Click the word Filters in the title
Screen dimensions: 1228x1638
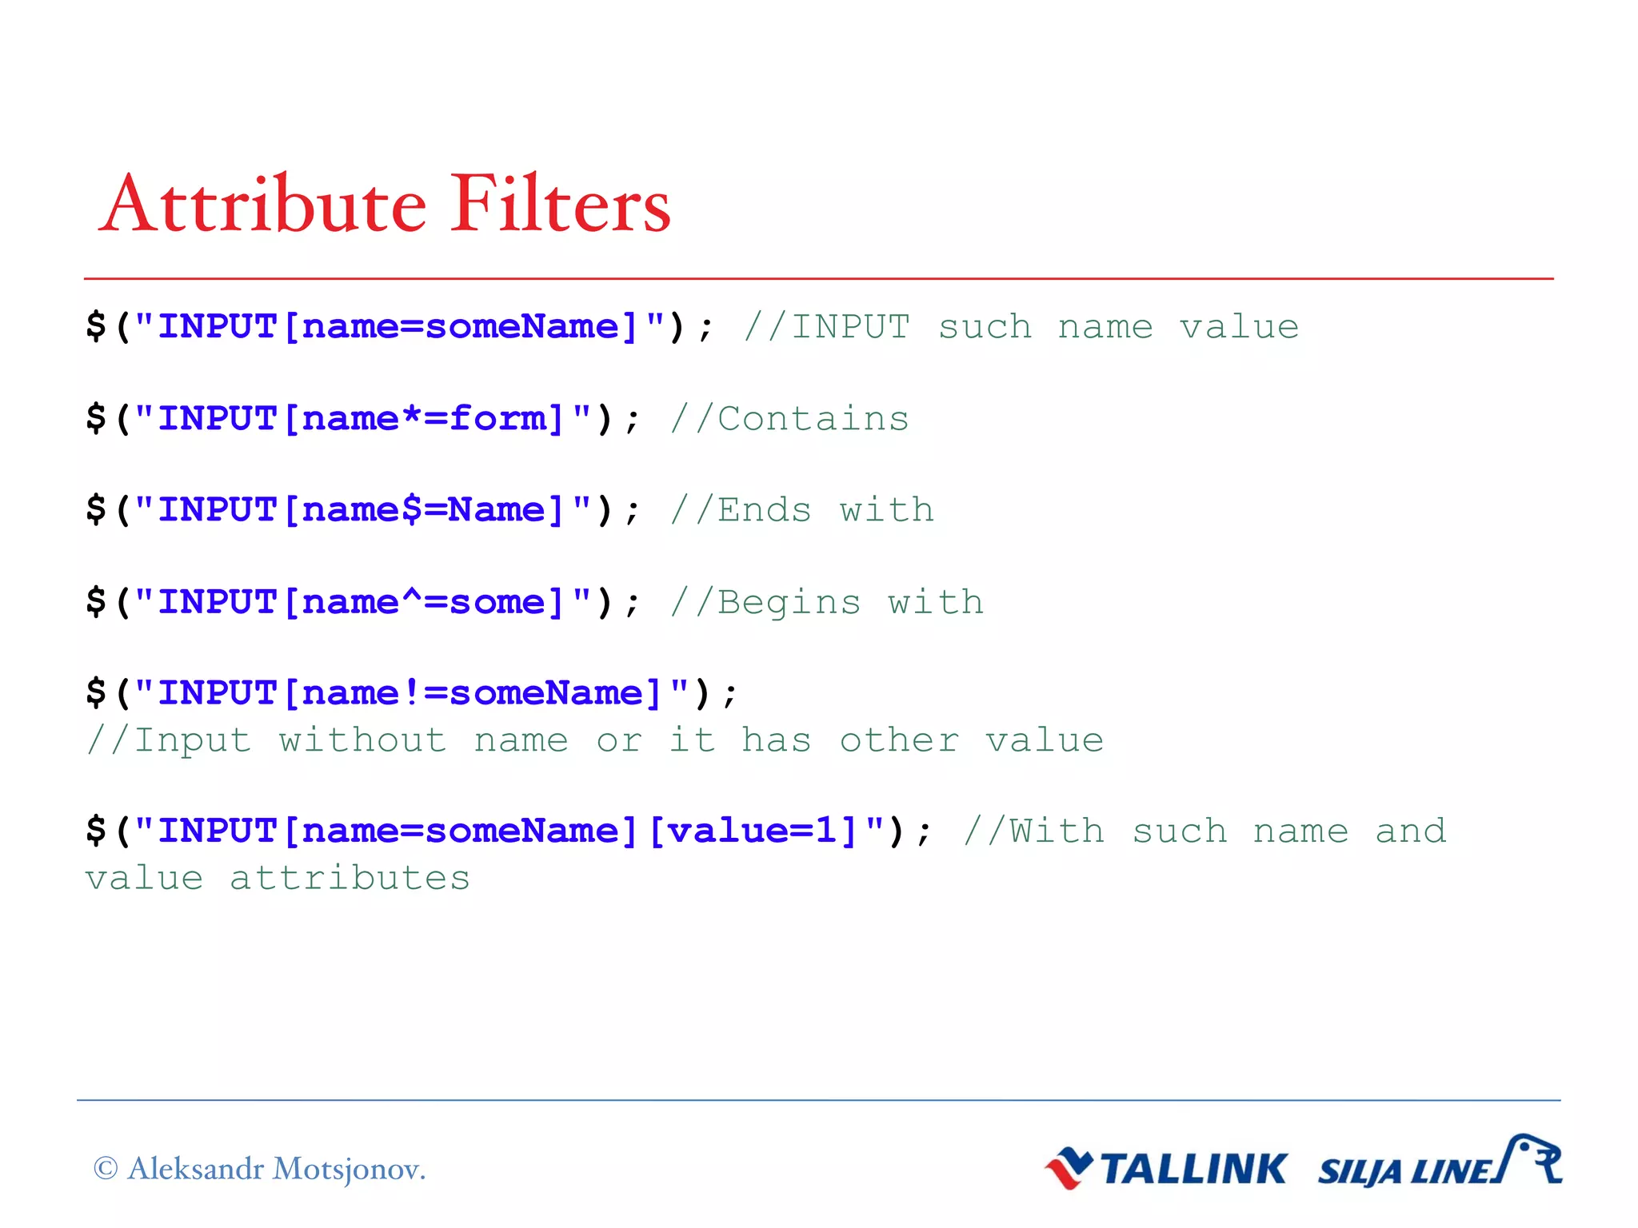[560, 205]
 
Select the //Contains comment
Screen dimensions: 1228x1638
[789, 419]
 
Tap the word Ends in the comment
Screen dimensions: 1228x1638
[764, 510]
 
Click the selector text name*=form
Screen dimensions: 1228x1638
[424, 419]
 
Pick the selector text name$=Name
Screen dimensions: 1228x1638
[424, 510]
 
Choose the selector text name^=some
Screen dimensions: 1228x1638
[424, 602]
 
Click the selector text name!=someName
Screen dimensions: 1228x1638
[472, 693]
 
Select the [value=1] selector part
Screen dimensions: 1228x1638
[753, 831]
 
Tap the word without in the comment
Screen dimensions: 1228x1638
[362, 740]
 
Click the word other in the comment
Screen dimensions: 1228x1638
[899, 740]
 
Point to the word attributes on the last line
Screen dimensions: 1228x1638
[350, 879]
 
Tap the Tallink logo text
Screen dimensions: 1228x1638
[1193, 1170]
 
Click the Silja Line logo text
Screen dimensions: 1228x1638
[1405, 1172]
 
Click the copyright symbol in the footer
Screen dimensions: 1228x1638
[106, 1169]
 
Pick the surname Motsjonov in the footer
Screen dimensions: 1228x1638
[349, 1170]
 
